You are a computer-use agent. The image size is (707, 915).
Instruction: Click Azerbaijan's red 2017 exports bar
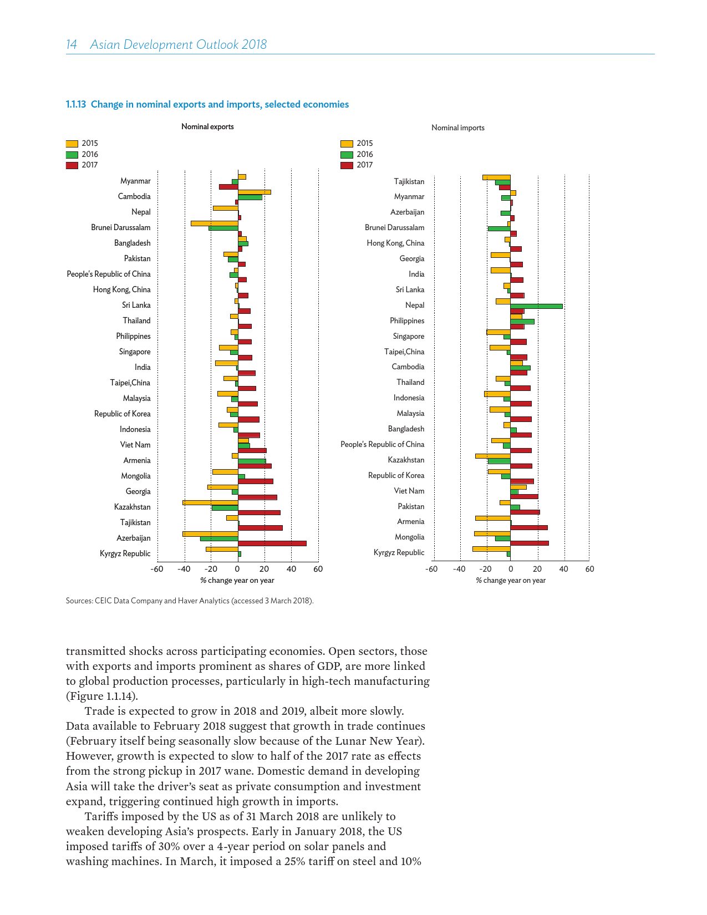(272, 543)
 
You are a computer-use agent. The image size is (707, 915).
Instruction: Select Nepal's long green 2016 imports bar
(536, 306)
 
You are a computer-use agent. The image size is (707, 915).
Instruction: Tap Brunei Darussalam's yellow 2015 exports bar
(214, 223)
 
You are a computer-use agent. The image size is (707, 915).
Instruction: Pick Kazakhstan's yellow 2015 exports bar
(210, 502)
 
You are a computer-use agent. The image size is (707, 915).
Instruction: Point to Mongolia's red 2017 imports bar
(529, 543)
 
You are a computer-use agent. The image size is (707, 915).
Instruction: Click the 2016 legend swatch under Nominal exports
(72, 155)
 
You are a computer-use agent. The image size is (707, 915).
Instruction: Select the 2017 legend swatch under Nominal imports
(347, 165)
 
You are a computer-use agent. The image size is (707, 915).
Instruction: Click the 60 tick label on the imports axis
(589, 569)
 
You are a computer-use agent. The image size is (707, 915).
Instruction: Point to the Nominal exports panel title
(207, 127)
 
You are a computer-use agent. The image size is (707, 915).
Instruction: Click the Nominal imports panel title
(457, 128)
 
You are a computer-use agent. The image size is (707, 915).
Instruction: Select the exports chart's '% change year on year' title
(237, 581)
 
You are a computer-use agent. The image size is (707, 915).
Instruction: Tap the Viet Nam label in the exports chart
(135, 445)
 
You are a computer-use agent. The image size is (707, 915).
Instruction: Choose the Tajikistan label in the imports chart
(409, 181)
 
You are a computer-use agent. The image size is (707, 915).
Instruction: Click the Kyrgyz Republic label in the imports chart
(399, 552)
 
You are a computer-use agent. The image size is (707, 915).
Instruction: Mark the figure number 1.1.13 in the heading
(76, 104)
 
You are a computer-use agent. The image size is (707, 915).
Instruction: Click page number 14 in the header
(72, 45)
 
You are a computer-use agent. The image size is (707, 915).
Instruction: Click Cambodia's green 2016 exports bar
(250, 197)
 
